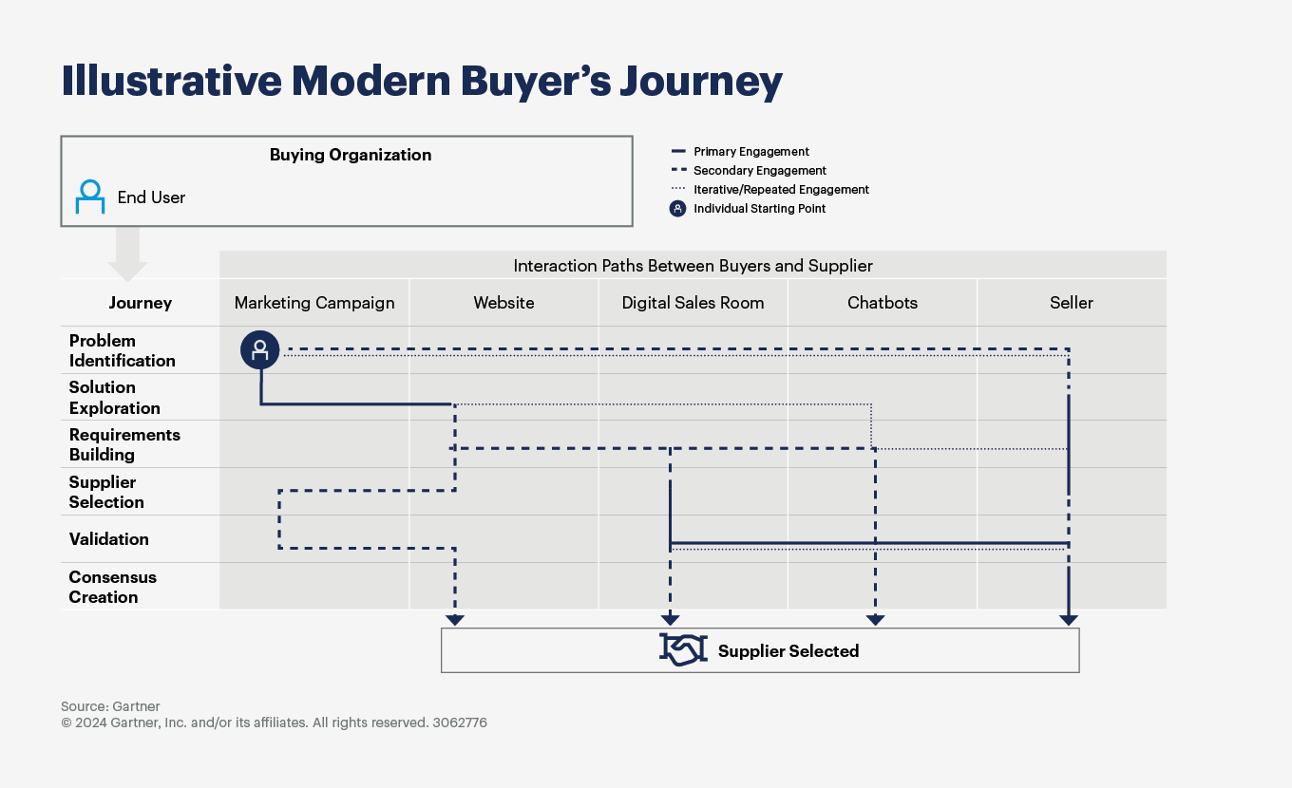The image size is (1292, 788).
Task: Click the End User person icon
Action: click(90, 197)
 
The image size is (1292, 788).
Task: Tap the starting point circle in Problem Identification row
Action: click(259, 349)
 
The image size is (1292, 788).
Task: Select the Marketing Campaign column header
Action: click(314, 303)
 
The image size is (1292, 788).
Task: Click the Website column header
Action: click(503, 303)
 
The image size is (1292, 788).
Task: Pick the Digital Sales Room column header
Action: click(693, 303)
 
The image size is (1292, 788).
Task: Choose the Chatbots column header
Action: click(883, 303)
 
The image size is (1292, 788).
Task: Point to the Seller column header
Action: click(1071, 303)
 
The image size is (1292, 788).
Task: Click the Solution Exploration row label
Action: click(114, 398)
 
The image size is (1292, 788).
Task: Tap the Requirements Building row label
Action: click(123, 444)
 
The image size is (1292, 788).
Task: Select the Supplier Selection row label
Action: click(106, 492)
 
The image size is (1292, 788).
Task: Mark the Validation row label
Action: click(108, 538)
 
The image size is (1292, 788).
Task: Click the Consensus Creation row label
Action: click(112, 587)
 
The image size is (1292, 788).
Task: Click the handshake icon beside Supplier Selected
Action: click(683, 650)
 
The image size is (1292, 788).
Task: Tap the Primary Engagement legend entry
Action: click(750, 152)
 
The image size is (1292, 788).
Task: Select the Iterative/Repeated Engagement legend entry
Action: click(780, 190)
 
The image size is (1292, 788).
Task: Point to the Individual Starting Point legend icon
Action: click(677, 209)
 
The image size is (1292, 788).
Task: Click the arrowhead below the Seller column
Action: click(1069, 620)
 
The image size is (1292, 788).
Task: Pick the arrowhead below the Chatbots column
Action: click(875, 620)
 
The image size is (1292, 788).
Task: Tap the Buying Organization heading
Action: click(350, 155)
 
